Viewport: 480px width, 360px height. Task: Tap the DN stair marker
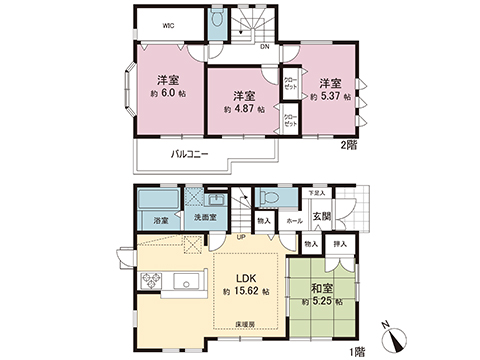(265, 46)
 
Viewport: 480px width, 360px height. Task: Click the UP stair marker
(240, 237)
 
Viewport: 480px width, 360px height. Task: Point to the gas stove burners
(153, 281)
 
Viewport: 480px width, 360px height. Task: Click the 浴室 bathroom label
(160, 219)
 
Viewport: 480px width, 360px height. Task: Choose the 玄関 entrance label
(324, 217)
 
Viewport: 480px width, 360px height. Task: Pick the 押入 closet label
(339, 243)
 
